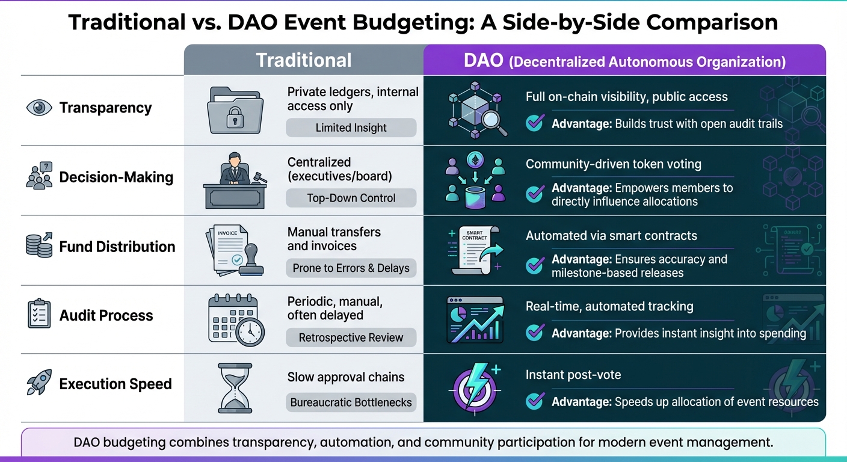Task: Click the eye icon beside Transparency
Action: pyautogui.click(x=40, y=108)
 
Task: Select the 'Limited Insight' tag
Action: pyautogui.click(x=351, y=128)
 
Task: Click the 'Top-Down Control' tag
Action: pyautogui.click(x=351, y=198)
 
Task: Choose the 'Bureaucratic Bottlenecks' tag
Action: pyautogui.click(x=351, y=402)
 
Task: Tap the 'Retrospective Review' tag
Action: pyautogui.click(x=351, y=337)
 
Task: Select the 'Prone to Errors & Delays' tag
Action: pyautogui.click(x=351, y=268)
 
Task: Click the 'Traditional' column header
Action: pyautogui.click(x=304, y=60)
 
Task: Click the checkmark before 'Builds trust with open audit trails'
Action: pyautogui.click(x=535, y=123)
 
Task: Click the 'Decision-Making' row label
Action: pyautogui.click(x=116, y=177)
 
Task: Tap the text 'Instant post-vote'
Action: pyautogui.click(x=573, y=375)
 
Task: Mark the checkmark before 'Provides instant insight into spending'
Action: pyautogui.click(x=535, y=333)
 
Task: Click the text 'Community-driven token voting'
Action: pyautogui.click(x=613, y=164)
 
